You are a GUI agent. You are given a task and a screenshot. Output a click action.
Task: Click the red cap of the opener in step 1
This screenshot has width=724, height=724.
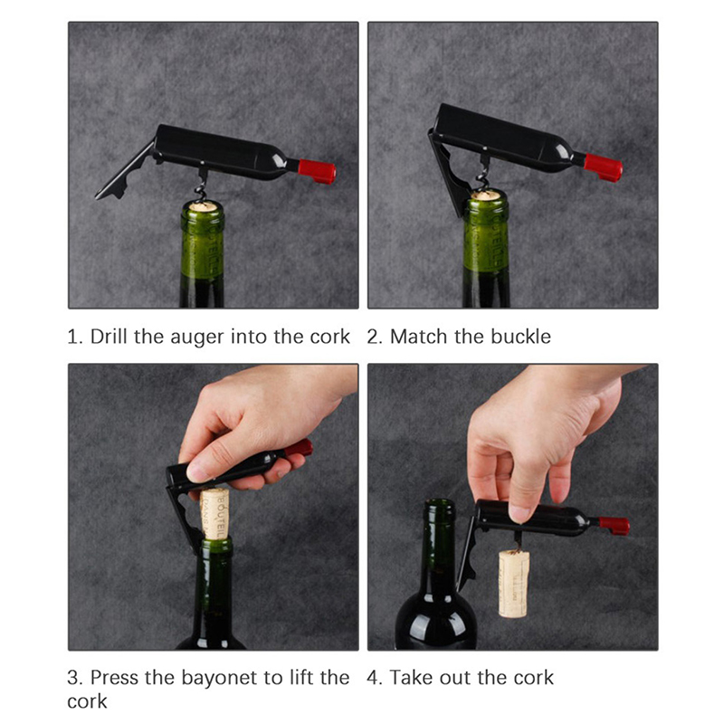point(317,171)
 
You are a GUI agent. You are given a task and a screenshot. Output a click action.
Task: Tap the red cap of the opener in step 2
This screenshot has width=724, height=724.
point(603,167)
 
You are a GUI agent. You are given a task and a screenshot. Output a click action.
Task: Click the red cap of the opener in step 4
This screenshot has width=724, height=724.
point(614,526)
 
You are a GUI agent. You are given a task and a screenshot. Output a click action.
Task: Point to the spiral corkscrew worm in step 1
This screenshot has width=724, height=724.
point(201,190)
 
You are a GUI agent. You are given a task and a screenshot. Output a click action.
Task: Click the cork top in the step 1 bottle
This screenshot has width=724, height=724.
point(202,206)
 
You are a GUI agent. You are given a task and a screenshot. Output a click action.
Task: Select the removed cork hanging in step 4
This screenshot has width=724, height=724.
point(513,583)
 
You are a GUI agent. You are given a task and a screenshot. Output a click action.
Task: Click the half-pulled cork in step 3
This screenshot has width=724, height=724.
point(214,512)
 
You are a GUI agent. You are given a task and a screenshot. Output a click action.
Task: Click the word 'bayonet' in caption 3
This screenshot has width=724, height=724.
point(220,678)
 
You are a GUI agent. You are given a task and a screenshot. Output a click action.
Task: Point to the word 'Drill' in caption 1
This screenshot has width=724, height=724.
point(109,336)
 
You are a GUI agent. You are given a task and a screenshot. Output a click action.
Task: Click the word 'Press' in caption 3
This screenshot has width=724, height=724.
point(115,678)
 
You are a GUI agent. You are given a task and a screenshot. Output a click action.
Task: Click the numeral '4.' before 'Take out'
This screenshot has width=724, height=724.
point(375,678)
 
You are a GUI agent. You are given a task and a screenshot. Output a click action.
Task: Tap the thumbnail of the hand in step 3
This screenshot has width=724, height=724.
point(197,472)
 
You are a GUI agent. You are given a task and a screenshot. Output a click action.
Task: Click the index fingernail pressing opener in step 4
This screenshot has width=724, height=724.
point(519,514)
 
